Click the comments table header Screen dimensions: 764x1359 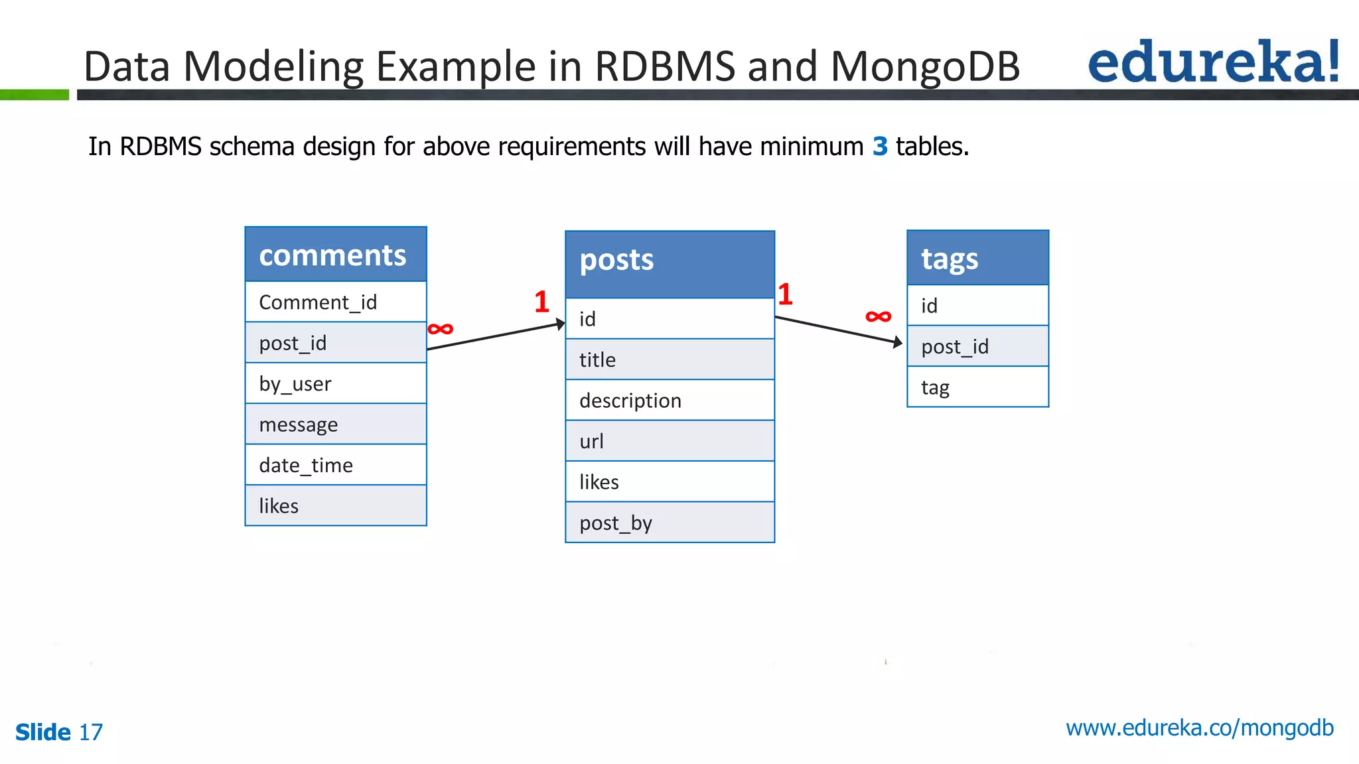(335, 255)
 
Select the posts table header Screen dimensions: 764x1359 (670, 263)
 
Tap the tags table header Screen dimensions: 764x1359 (977, 259)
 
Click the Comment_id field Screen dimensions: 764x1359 (335, 302)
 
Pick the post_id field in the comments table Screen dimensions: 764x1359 (335, 343)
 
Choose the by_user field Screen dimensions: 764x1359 (335, 384)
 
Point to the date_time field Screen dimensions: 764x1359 (335, 465)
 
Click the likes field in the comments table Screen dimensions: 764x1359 (335, 506)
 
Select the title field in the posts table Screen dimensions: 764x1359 (670, 360)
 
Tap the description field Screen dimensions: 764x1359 (670, 401)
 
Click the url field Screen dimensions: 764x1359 (670, 442)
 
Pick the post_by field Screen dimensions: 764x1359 (670, 523)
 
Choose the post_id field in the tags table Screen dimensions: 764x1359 (977, 346)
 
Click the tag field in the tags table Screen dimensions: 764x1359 (977, 387)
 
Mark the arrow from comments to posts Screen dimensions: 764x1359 (495, 336)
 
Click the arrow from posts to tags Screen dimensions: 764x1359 (838, 330)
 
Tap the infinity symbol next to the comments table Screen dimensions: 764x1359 (441, 329)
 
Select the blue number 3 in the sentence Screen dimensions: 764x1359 (880, 146)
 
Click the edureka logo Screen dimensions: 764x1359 (1213, 62)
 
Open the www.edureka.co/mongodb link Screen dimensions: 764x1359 (1199, 728)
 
